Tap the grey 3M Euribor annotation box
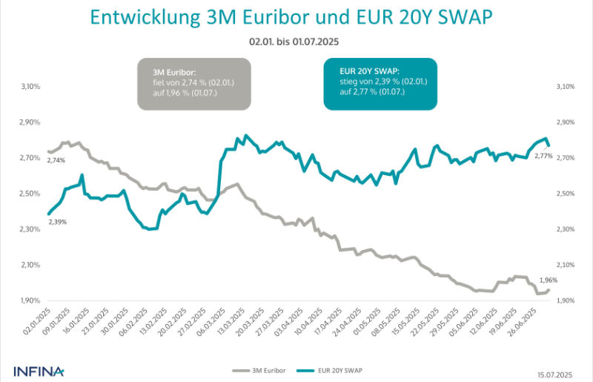[x=194, y=84]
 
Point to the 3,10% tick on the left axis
[x=30, y=87]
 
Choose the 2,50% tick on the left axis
[x=30, y=194]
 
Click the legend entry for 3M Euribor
[x=256, y=369]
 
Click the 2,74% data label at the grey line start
[x=56, y=160]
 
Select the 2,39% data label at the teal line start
[x=58, y=222]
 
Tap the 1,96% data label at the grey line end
[x=546, y=280]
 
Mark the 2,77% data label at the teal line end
[x=543, y=156]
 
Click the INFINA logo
[x=39, y=369]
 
